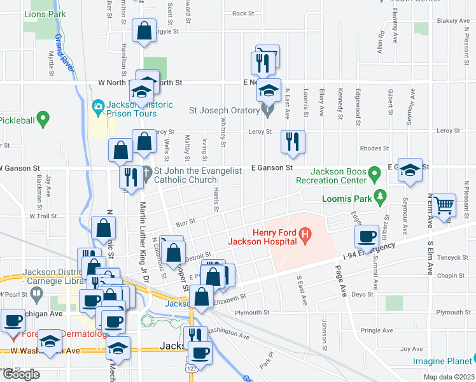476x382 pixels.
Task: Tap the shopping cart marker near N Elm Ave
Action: (444, 206)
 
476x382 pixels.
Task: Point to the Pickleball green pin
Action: (43, 117)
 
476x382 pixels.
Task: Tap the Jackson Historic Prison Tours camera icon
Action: (98, 105)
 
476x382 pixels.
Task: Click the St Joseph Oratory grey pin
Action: (267, 111)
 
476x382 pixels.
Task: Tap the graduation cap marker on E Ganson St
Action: (410, 170)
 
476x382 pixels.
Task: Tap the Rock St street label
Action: (243, 13)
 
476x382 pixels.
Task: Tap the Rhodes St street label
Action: (374, 148)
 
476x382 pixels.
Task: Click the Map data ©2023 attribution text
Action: (450, 377)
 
